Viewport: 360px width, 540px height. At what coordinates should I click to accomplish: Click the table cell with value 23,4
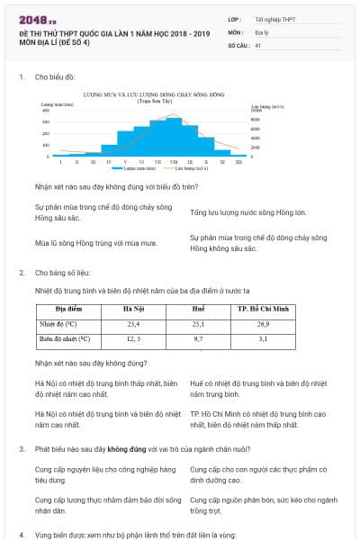[133, 323]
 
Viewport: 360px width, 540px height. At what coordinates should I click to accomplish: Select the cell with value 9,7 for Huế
[198, 339]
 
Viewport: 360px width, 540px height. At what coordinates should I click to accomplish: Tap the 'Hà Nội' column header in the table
[133, 308]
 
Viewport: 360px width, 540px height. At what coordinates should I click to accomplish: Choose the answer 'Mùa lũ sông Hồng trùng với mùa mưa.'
[96, 242]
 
